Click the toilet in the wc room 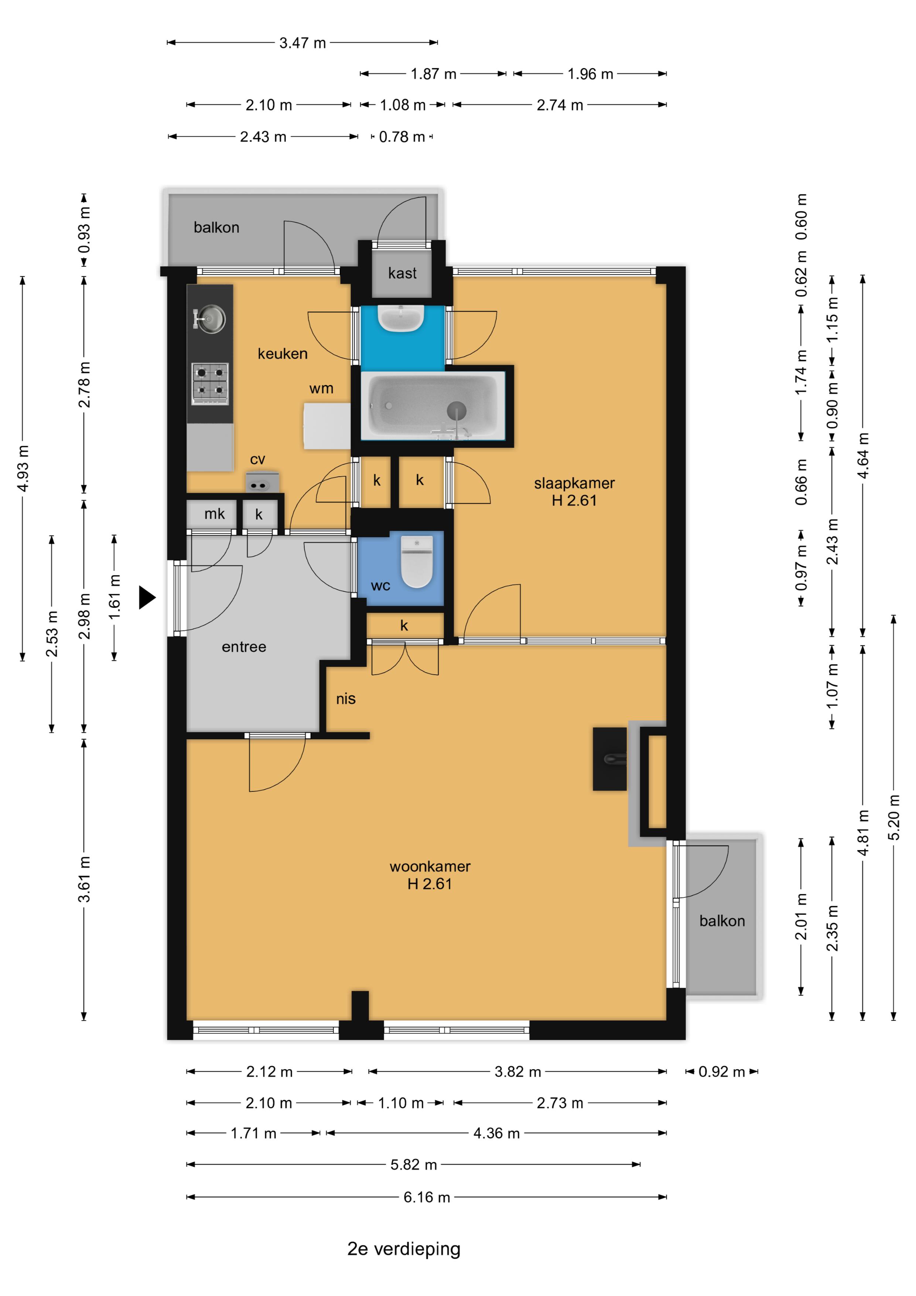[x=417, y=561]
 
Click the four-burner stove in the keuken [x=210, y=383]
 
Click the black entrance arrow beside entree [x=147, y=597]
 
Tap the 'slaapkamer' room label [x=574, y=483]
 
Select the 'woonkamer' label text [x=430, y=866]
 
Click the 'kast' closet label [x=402, y=273]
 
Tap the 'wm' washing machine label [x=321, y=388]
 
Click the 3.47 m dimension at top [x=303, y=43]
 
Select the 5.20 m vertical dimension [x=893, y=817]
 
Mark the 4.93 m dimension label [x=23, y=468]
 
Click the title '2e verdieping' [x=404, y=1249]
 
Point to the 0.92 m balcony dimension [x=721, y=1071]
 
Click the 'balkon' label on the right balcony [x=722, y=921]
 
